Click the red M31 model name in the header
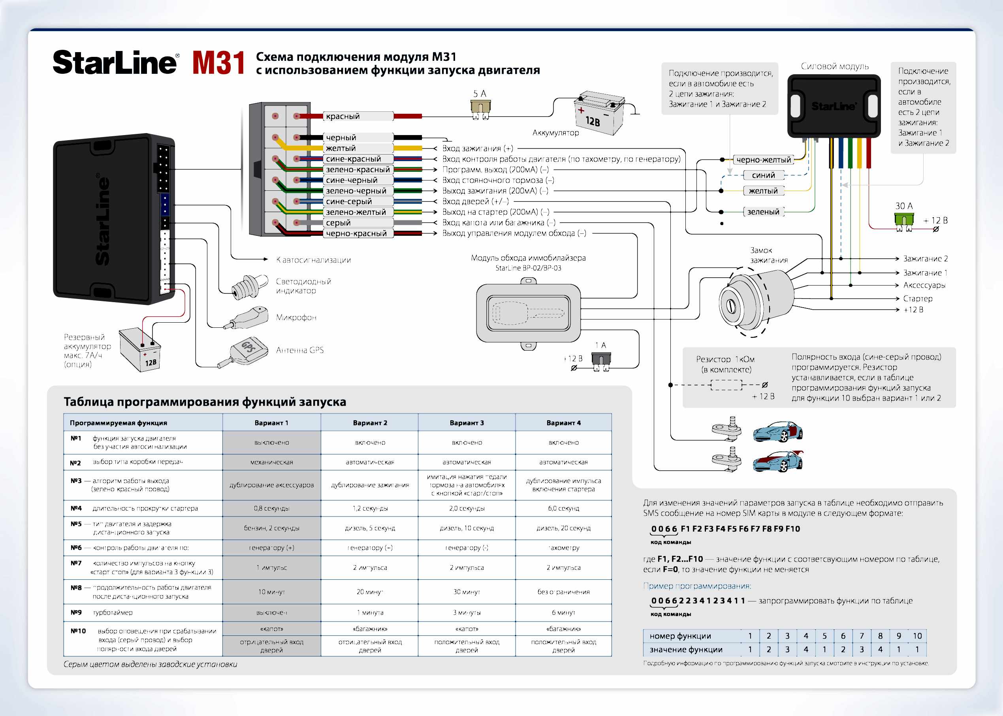[x=218, y=63]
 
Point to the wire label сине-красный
[x=353, y=159]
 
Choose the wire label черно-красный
[x=356, y=234]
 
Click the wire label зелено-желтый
[x=356, y=212]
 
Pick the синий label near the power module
[x=763, y=175]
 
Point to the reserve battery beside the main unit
[x=140, y=349]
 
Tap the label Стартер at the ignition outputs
[x=917, y=299]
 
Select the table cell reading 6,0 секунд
[x=563, y=508]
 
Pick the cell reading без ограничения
[x=563, y=592]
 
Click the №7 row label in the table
[x=76, y=563]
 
